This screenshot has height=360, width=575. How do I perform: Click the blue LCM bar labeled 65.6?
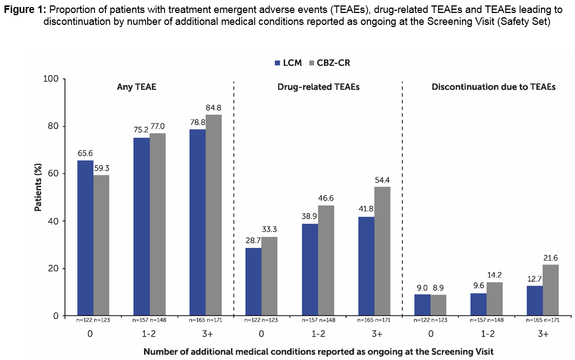(x=85, y=238)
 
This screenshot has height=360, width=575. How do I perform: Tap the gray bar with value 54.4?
(x=382, y=251)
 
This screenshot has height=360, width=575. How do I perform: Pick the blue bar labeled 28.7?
(x=253, y=282)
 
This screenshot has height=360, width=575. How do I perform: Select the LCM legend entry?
(x=288, y=63)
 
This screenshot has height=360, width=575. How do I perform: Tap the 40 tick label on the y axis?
(x=53, y=221)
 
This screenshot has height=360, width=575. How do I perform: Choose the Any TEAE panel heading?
(x=137, y=86)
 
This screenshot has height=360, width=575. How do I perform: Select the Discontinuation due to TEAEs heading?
(x=493, y=86)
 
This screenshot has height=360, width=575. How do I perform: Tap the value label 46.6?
(x=326, y=199)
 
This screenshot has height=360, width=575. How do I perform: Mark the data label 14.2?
(x=494, y=276)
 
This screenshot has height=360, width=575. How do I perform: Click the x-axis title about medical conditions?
(x=319, y=351)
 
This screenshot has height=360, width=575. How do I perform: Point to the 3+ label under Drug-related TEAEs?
(x=374, y=334)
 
